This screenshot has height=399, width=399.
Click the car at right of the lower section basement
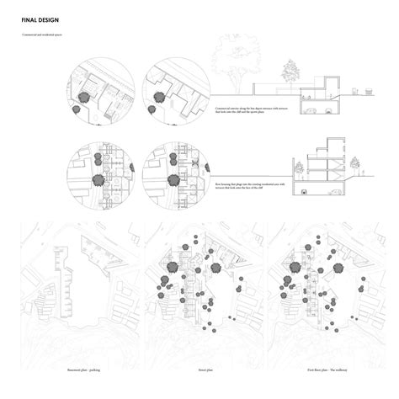[337, 193]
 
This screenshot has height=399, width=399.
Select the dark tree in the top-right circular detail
[154, 98]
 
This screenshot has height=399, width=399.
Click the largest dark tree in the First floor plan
[294, 267]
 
